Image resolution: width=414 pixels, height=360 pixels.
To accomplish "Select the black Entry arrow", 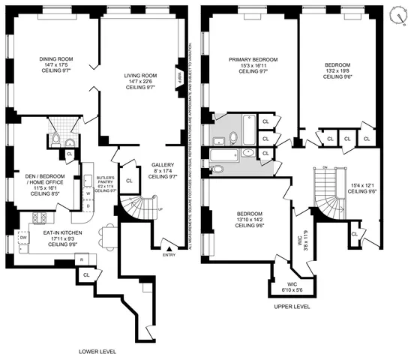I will point(171,247).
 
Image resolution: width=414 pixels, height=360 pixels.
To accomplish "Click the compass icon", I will point(397,16).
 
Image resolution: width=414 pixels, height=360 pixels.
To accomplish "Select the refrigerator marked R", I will point(81,259).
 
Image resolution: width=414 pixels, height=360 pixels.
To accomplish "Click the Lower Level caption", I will point(96,351).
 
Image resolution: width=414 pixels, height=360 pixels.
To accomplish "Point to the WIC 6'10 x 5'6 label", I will point(292,287).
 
